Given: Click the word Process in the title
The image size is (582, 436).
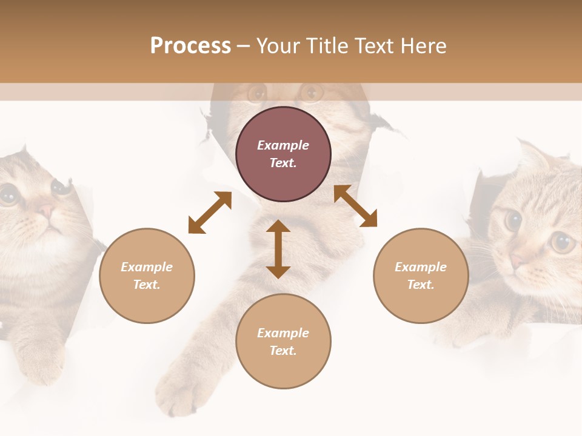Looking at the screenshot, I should coord(190,46).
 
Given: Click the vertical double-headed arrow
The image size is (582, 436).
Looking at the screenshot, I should coord(278,249).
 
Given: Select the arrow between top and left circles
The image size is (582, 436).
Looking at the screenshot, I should coord(210,213).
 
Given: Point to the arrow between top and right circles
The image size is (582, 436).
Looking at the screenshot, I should coord(355,206).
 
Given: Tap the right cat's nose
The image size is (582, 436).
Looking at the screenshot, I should coord(516,261).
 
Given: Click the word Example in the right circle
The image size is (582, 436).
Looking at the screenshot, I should coord(421,267).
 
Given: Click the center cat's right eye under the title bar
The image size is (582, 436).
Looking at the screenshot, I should coord(312,93).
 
